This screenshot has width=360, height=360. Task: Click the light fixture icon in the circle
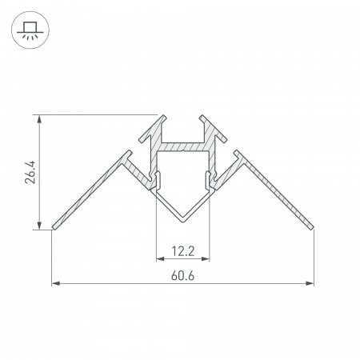(30, 30)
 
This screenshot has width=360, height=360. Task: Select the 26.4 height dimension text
(29, 172)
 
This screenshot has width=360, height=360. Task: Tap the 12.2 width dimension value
(182, 251)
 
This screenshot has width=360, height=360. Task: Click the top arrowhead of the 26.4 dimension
(39, 118)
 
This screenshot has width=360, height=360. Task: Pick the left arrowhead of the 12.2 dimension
(158, 258)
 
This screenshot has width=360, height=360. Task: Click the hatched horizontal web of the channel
(182, 147)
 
